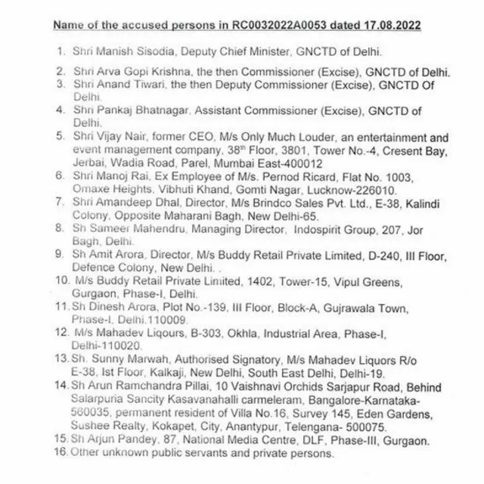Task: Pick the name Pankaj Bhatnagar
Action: click(x=127, y=110)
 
